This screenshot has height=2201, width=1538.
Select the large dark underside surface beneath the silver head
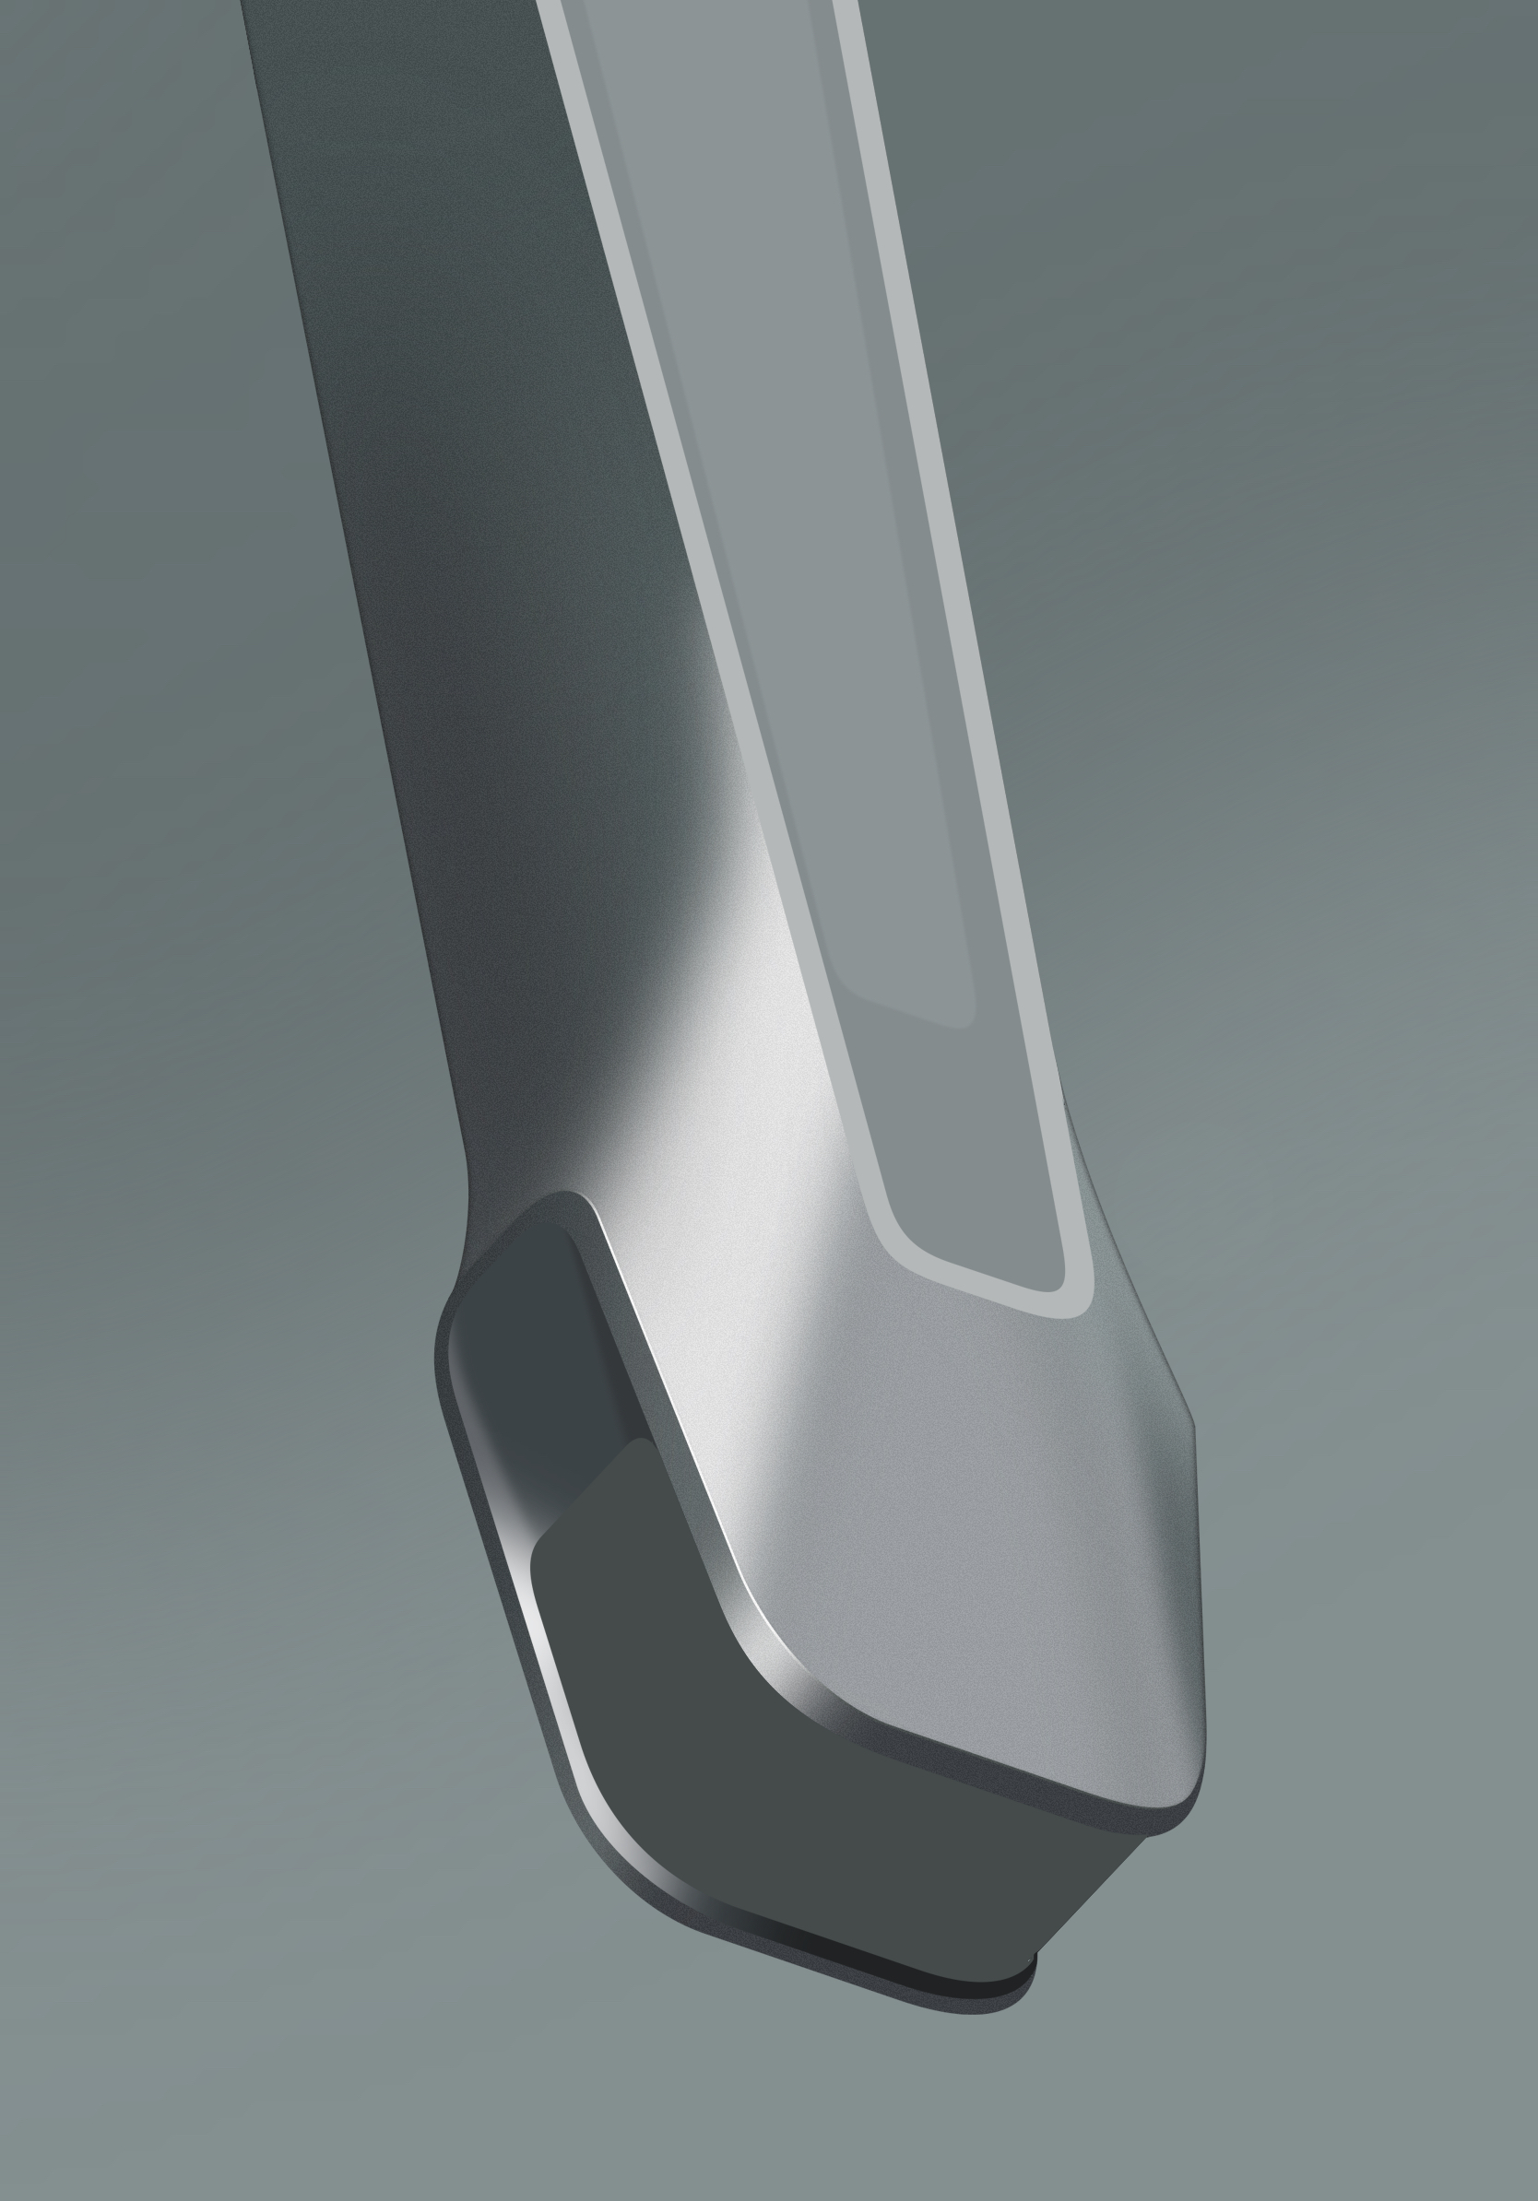(x=815, y=1821)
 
